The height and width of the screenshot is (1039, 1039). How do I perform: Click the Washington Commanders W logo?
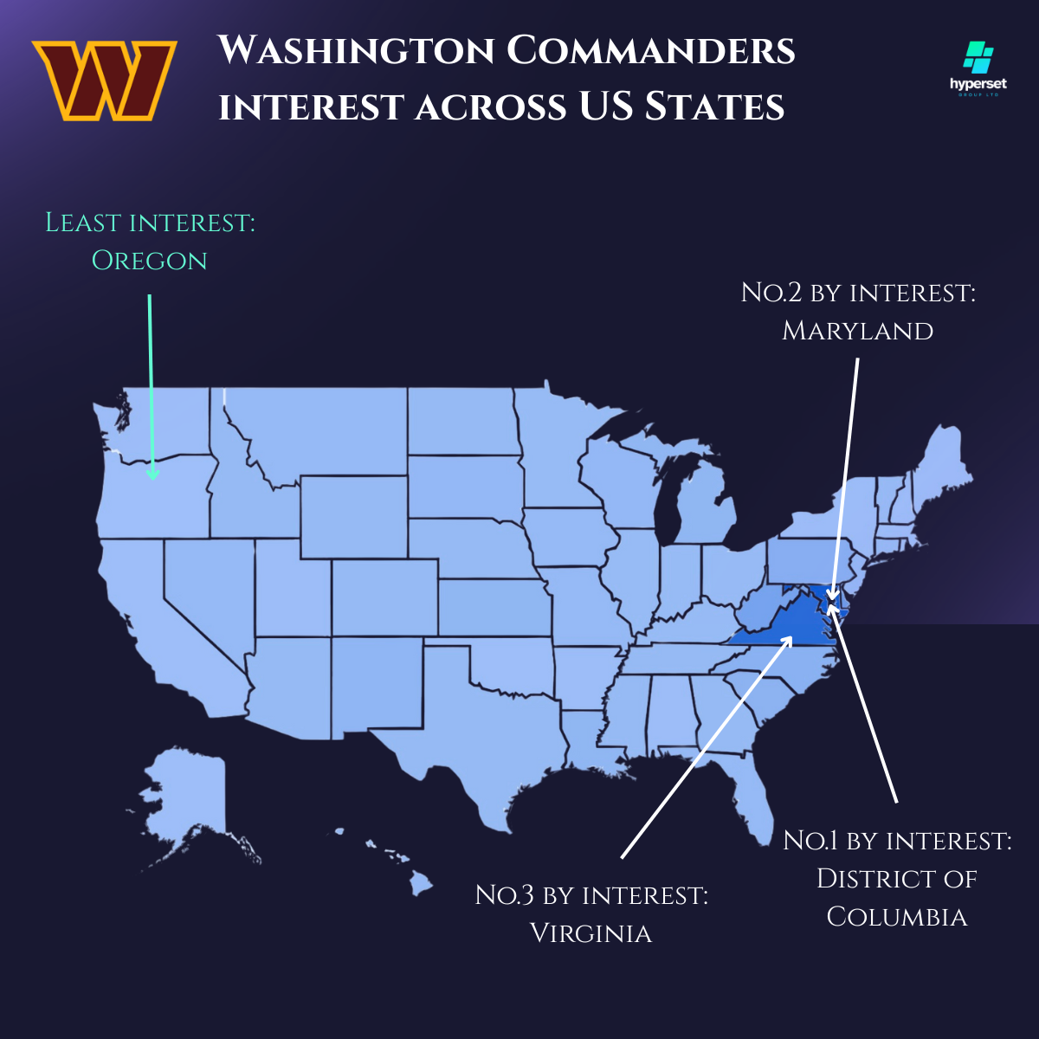pyautogui.click(x=105, y=80)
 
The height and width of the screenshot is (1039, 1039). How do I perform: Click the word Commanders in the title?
pyautogui.click(x=651, y=50)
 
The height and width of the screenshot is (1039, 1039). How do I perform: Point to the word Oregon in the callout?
pyautogui.click(x=150, y=261)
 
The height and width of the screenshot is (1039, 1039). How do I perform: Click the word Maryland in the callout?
pyautogui.click(x=857, y=331)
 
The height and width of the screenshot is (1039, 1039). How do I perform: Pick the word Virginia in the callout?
pyautogui.click(x=590, y=933)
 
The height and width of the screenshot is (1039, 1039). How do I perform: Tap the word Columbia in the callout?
pyautogui.click(x=897, y=917)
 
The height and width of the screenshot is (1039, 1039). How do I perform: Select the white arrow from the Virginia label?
pyautogui.click(x=706, y=749)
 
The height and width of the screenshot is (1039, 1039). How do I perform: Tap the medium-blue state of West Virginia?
pyautogui.click(x=755, y=610)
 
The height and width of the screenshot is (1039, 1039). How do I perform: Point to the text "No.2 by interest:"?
pyautogui.click(x=858, y=293)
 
